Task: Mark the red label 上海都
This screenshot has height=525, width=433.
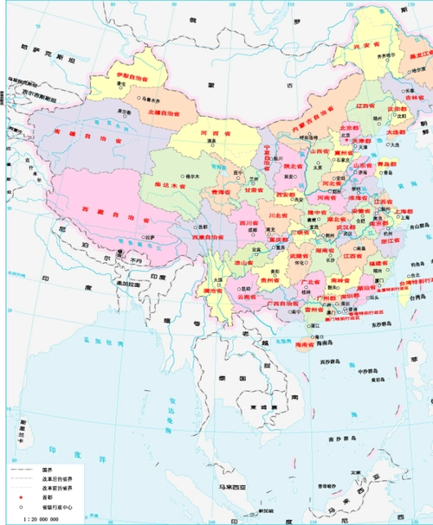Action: [x=401, y=211]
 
